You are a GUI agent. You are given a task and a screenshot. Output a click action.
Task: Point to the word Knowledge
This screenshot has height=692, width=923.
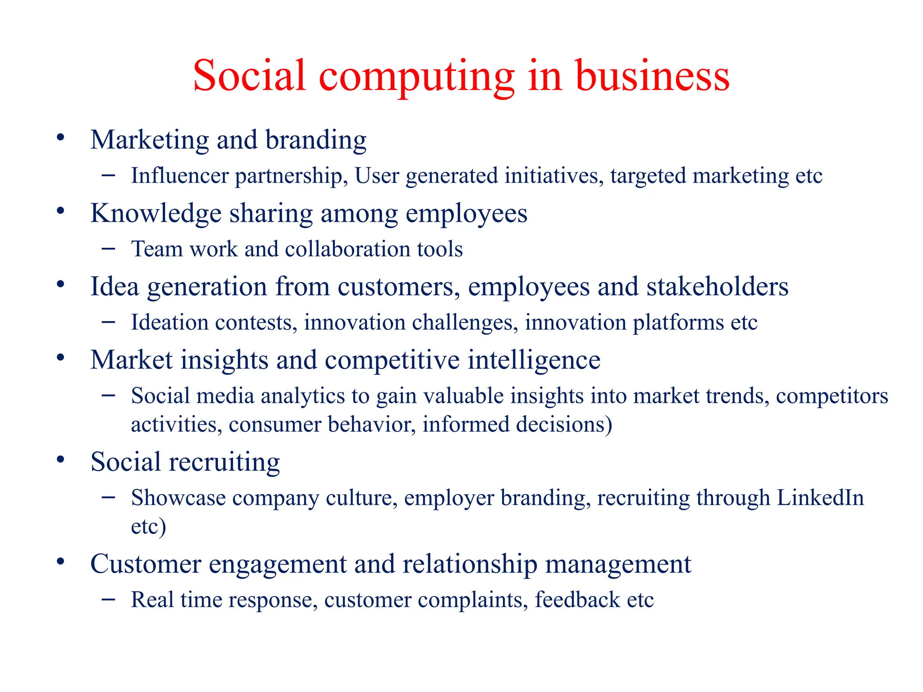click(x=156, y=213)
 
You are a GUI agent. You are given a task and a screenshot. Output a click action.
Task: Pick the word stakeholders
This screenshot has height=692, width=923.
click(x=717, y=287)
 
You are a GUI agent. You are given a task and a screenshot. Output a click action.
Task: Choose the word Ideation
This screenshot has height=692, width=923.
click(x=169, y=323)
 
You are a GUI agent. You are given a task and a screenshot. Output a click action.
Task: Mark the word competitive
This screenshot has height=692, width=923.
click(x=392, y=360)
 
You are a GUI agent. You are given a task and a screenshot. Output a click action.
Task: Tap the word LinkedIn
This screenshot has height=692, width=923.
click(x=820, y=498)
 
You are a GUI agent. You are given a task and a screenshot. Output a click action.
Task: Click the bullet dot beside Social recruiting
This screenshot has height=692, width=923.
click(x=61, y=460)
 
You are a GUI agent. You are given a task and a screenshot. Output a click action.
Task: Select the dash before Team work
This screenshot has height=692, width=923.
click(x=108, y=248)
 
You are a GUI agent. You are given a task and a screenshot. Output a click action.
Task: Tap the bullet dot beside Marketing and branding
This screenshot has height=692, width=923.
click(x=61, y=138)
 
